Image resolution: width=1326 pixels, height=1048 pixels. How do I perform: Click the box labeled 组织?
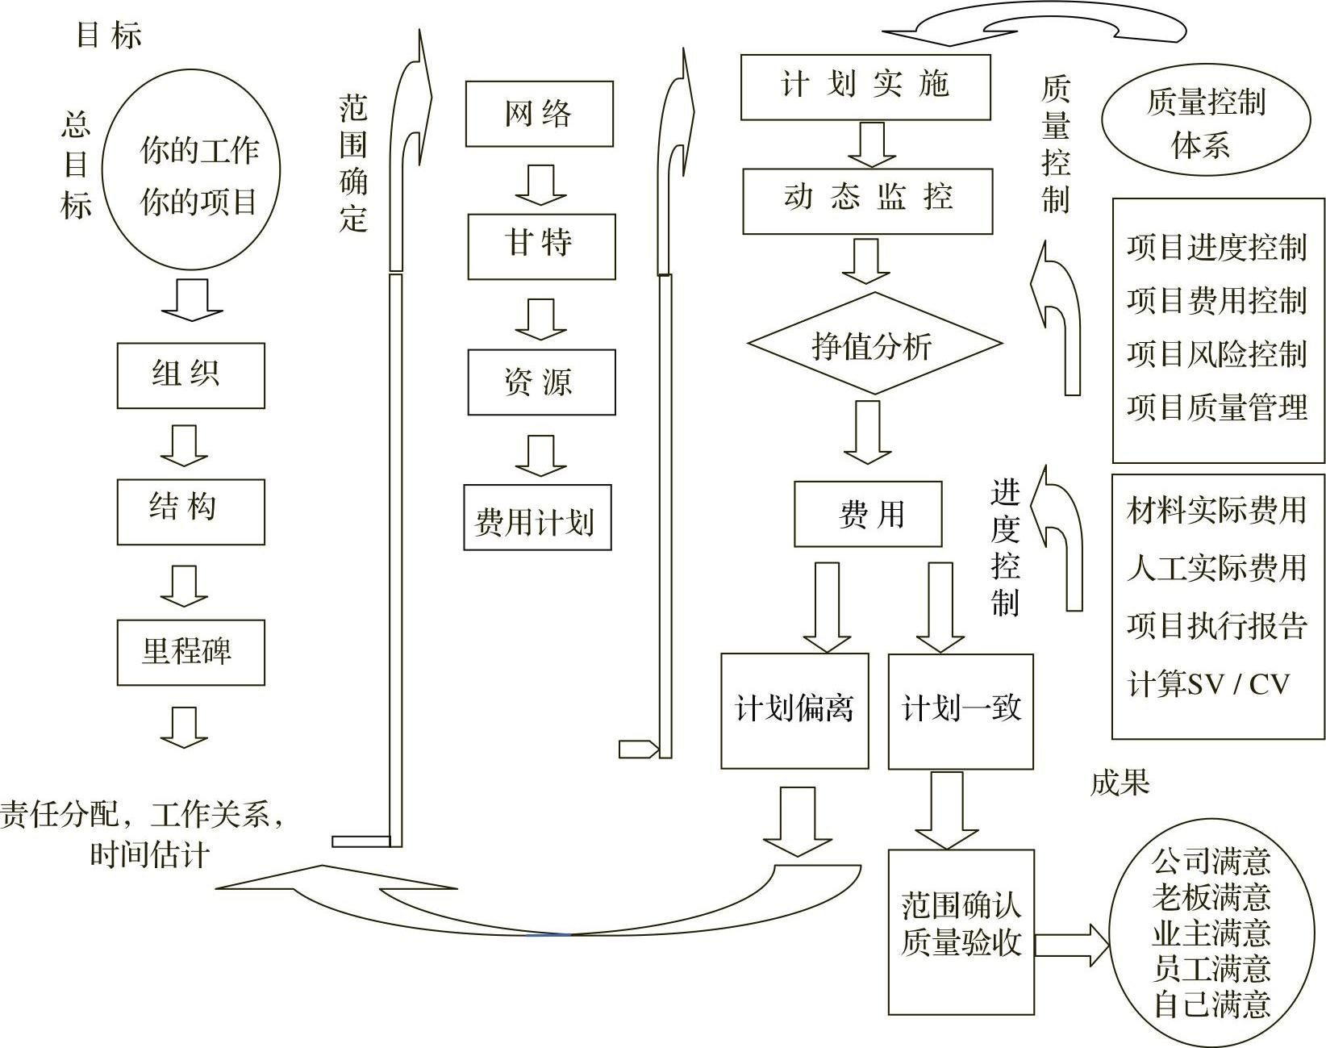190,376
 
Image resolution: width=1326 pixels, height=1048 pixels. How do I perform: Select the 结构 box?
190,511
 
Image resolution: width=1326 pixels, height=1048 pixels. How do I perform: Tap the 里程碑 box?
190,652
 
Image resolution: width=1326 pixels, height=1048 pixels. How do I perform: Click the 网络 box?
539,114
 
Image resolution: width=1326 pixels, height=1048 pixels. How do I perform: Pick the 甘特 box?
540,246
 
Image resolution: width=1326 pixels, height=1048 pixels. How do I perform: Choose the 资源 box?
540,382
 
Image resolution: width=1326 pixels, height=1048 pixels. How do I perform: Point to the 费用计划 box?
537,517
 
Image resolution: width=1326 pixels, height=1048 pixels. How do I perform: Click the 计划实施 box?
865,87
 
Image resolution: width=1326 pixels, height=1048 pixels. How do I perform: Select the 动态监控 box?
867,201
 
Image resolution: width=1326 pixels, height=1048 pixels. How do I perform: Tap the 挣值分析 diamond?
874,344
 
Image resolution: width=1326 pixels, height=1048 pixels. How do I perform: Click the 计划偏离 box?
794,710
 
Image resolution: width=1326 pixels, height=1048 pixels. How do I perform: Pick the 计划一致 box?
961,710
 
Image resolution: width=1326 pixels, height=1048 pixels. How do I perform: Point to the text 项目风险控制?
1216,354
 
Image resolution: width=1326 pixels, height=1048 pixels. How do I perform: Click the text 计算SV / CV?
1208,684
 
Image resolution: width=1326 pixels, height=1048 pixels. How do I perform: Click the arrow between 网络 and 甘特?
540,185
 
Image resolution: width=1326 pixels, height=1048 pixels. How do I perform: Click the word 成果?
1120,783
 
